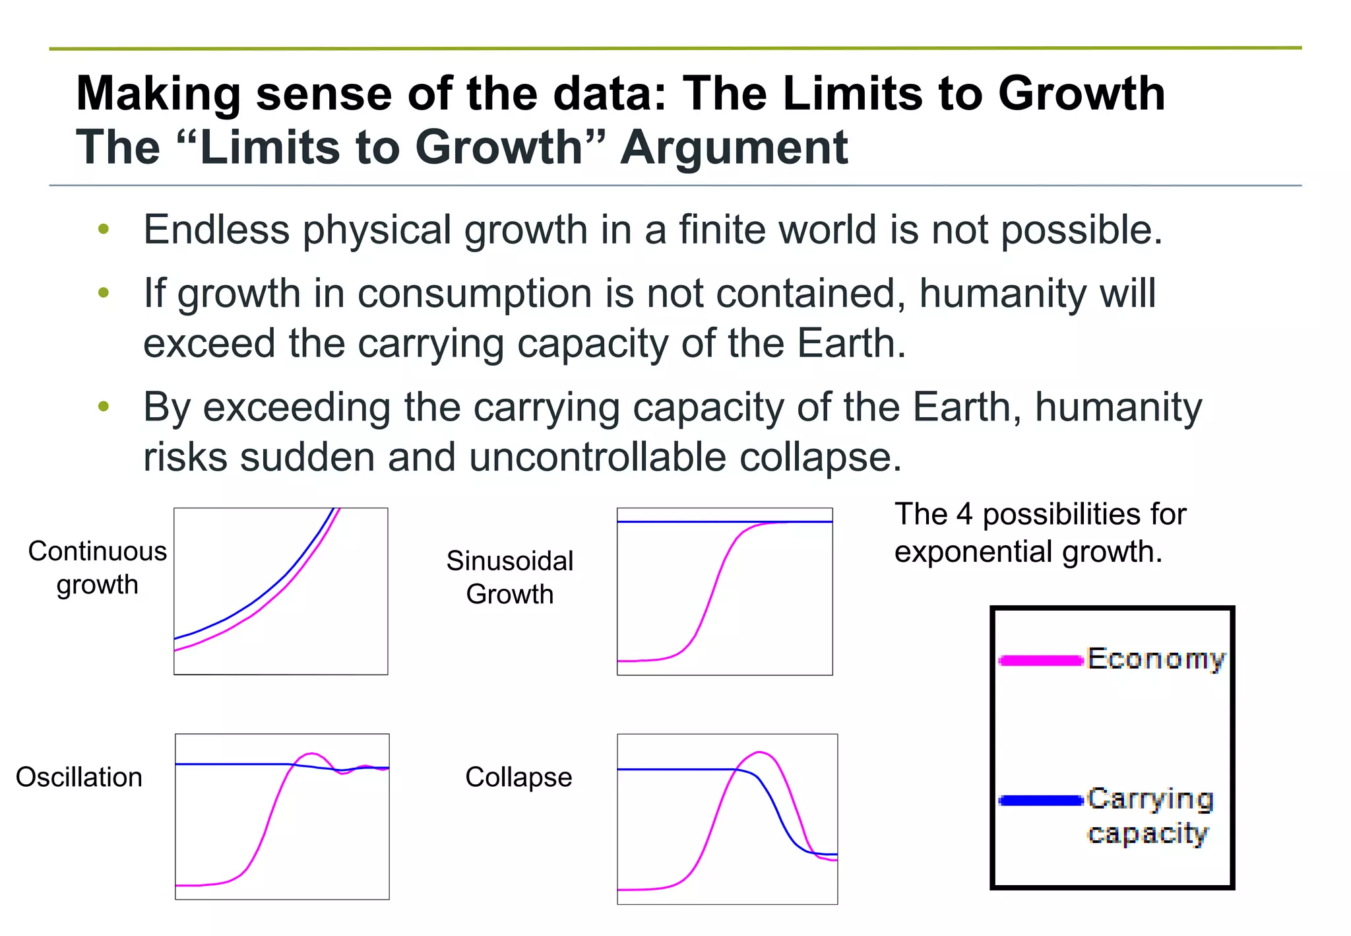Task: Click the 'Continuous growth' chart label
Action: point(97,568)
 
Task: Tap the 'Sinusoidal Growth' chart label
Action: point(510,578)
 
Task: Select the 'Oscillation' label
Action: point(79,777)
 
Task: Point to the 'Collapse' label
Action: point(518,777)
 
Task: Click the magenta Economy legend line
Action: point(1041,660)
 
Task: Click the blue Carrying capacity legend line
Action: point(1041,801)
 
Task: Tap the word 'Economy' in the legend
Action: point(1156,659)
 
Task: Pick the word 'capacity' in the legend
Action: point(1148,834)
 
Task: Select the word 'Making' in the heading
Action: point(158,93)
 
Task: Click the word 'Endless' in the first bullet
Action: point(216,230)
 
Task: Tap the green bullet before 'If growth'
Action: point(104,292)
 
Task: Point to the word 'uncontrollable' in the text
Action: point(598,457)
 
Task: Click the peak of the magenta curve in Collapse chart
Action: point(760,752)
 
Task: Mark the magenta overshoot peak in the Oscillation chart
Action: point(312,753)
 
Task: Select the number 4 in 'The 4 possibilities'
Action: point(964,514)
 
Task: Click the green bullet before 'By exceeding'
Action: point(104,407)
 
